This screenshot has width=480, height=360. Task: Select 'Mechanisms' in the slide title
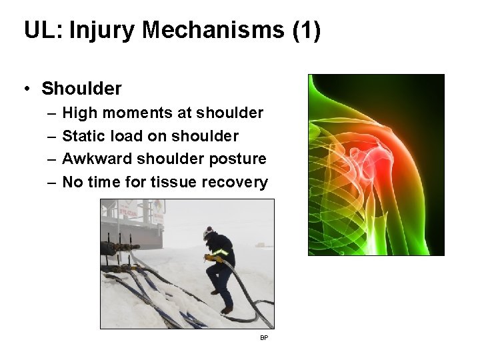pyautogui.click(x=208, y=31)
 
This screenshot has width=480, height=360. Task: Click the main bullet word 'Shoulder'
pyautogui.click(x=81, y=88)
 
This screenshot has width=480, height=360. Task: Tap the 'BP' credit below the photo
pyautogui.click(x=264, y=339)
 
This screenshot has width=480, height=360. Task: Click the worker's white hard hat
pyautogui.click(x=209, y=232)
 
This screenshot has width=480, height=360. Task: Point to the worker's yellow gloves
pyautogui.click(x=212, y=257)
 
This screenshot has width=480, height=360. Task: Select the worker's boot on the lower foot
pyautogui.click(x=227, y=310)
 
